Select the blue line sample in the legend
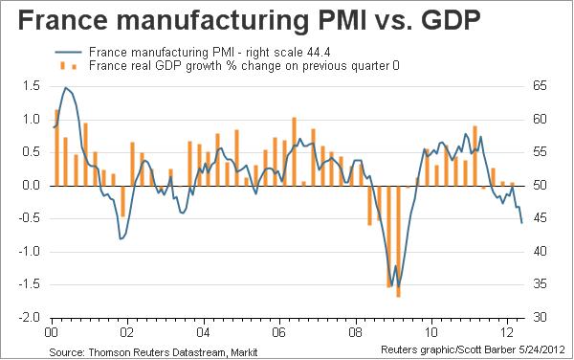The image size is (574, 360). [68, 53]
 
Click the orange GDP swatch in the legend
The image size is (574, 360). [68, 66]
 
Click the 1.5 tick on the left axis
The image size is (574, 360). [32, 86]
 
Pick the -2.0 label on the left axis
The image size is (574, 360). [29, 317]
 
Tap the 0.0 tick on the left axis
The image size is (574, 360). [32, 186]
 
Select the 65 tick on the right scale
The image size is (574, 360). [540, 86]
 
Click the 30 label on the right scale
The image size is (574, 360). [540, 317]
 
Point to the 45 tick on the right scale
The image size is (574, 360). [540, 218]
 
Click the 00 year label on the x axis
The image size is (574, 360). [52, 332]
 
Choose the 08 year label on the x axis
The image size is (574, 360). [356, 332]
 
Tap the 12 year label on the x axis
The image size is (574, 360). [507, 332]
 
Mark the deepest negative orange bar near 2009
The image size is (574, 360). [398, 241]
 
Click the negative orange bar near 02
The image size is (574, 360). [123, 201]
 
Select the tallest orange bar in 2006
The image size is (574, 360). [294, 151]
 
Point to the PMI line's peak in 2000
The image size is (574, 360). [66, 87]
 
